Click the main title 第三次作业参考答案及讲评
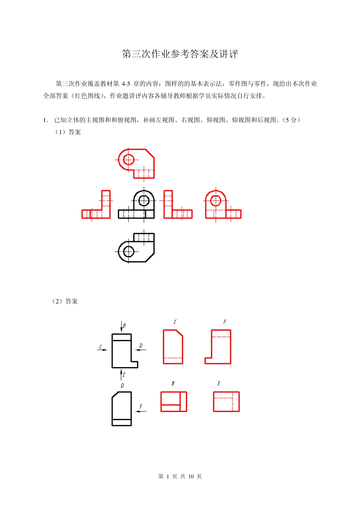[180, 54]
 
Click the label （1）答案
[68, 132]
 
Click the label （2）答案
[65, 301]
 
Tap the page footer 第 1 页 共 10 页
[180, 476]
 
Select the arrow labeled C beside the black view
[102, 350]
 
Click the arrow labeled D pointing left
[141, 350]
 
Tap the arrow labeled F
[141, 411]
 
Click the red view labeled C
[173, 347]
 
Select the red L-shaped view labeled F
[218, 347]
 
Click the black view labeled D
[122, 409]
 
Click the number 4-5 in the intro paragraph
[126, 84]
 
